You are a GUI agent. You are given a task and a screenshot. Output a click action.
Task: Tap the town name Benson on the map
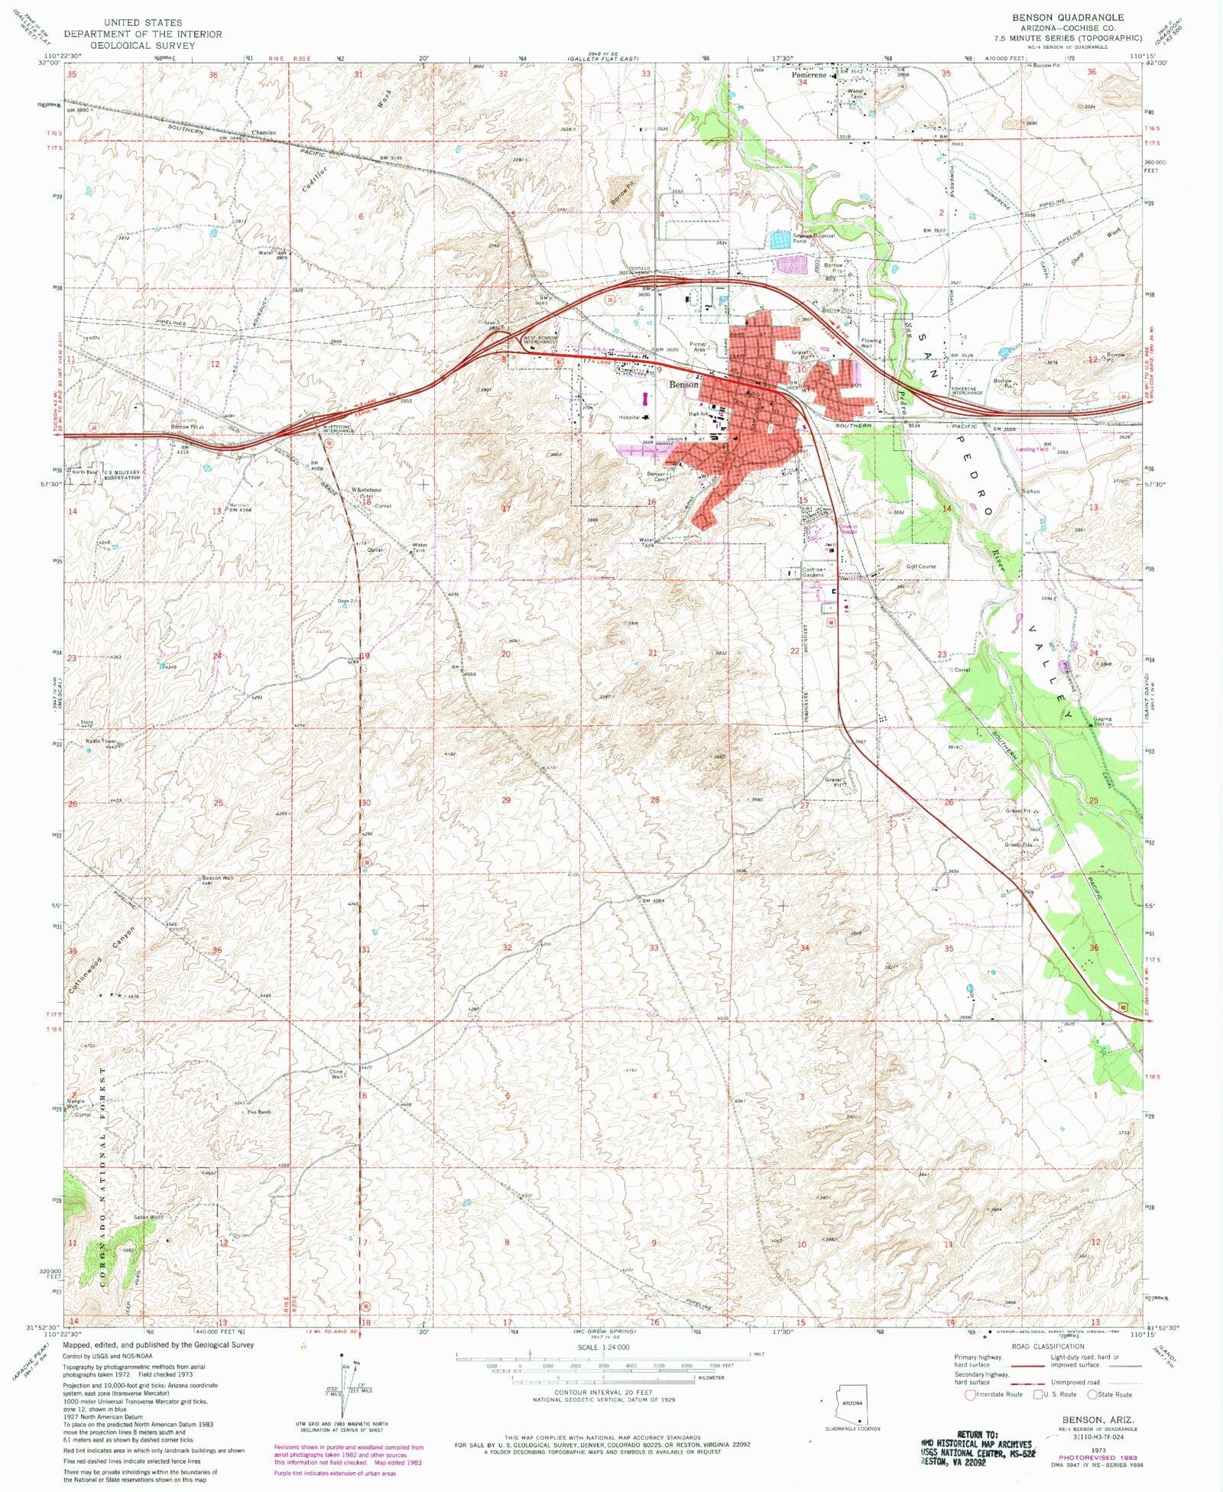(x=683, y=384)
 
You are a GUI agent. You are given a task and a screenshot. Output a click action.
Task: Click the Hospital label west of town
(x=629, y=417)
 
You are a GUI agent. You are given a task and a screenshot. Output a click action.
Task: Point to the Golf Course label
(x=920, y=566)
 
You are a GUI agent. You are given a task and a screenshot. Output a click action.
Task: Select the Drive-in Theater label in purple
(x=848, y=528)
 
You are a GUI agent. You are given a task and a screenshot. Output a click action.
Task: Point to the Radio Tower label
(x=100, y=741)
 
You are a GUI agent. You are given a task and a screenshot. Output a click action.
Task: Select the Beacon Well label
(x=217, y=877)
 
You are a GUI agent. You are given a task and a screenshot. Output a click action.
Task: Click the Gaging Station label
(x=1102, y=721)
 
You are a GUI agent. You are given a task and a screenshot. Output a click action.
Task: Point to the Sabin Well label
(x=148, y=1217)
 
